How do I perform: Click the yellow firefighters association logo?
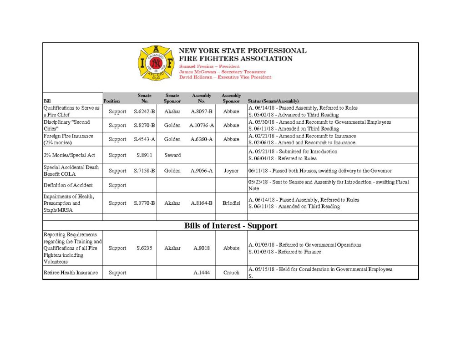pyautogui.click(x=156, y=63)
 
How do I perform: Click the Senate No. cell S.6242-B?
pyautogui.click(x=144, y=112)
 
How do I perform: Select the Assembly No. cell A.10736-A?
pyautogui.click(x=202, y=125)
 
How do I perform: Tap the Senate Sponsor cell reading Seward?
pyautogui.click(x=172, y=155)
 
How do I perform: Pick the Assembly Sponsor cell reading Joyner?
pyautogui.click(x=231, y=171)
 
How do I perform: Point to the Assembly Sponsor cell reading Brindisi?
pyautogui.click(x=231, y=203)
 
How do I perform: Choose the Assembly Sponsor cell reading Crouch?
pyautogui.click(x=231, y=273)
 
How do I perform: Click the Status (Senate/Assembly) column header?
pyautogui.click(x=273, y=101)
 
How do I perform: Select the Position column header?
pyautogui.click(x=111, y=101)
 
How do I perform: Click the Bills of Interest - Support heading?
pyautogui.click(x=230, y=226)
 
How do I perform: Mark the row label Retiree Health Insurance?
pyautogui.click(x=71, y=273)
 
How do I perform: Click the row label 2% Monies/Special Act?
pyautogui.click(x=69, y=155)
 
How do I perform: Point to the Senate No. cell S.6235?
pyautogui.click(x=144, y=248)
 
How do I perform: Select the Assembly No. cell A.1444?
pyautogui.click(x=202, y=273)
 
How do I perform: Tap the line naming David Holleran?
pyautogui.click(x=225, y=77)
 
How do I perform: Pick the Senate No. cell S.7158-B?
pyautogui.click(x=144, y=171)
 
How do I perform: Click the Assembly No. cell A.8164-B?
pyautogui.click(x=202, y=203)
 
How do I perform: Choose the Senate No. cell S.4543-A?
pyautogui.click(x=144, y=139)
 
